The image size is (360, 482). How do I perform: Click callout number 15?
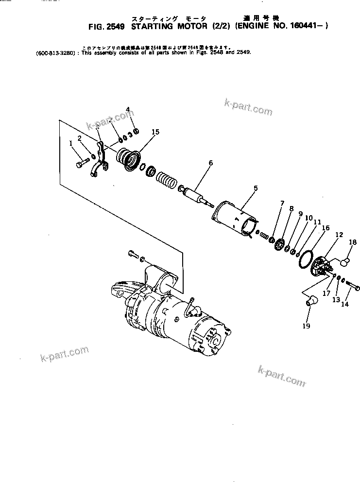[155, 132]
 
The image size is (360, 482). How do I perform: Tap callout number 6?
[210, 163]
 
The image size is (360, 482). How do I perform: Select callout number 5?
[256, 188]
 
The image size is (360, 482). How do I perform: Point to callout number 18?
[353, 242]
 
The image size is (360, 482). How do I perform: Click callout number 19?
[306, 326]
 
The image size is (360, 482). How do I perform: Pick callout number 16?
[326, 227]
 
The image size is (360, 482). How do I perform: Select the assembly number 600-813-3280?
[54, 52]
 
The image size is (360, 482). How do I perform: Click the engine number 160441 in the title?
[306, 28]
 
